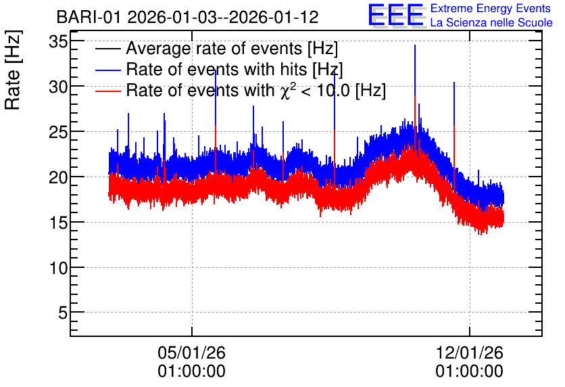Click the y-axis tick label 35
tap(58, 42)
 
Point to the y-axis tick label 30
tap(58, 87)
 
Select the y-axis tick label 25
tap(58, 133)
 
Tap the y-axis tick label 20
tap(58, 177)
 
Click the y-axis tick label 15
tap(58, 223)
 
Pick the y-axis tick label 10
tap(58, 268)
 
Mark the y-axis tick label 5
tap(63, 313)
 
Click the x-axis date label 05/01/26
tap(191, 352)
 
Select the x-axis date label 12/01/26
tap(469, 352)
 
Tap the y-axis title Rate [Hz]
tap(13, 70)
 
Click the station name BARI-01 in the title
tap(89, 17)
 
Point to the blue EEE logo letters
tap(395, 15)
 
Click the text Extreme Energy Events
tap(491, 8)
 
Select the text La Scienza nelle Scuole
tap(491, 22)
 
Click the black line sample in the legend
tap(107, 49)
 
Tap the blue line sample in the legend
tap(107, 70)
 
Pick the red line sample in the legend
tap(107, 91)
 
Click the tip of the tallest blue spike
tap(415, 45)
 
